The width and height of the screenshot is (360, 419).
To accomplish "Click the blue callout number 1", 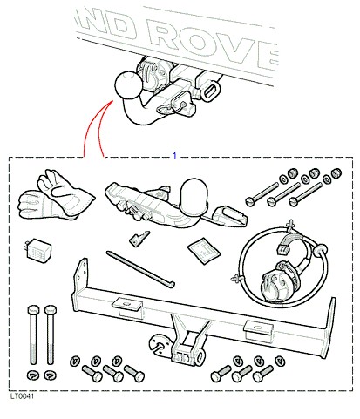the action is tap(174, 155).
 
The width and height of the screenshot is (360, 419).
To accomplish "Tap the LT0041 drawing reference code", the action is tap(22, 396).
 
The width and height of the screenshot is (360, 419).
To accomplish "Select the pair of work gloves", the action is tap(56, 197).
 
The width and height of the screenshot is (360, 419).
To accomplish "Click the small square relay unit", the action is tap(37, 251).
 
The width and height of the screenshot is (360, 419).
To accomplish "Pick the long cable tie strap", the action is tap(140, 269).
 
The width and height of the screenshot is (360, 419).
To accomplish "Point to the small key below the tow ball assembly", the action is tap(139, 239).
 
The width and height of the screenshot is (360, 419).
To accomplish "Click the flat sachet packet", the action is tap(204, 251).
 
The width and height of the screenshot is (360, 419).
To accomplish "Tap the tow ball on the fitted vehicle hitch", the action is tap(128, 84).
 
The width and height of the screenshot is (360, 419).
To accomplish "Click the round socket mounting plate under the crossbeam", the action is tap(160, 343).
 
